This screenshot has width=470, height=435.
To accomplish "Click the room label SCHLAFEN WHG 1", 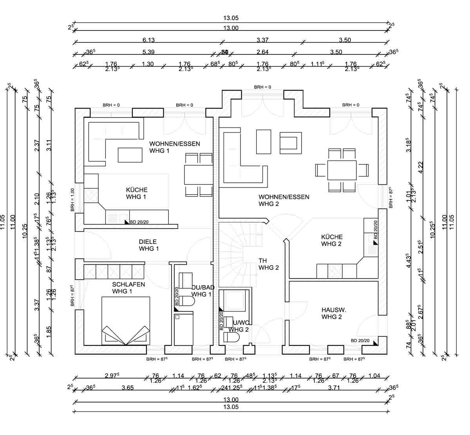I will coord(128,288).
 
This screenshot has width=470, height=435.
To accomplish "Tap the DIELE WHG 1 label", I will coord(149,245).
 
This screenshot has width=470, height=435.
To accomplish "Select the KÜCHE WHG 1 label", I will coord(137,193).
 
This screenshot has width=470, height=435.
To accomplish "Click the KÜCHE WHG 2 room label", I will coord(332,240).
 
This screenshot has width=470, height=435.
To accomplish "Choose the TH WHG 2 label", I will coord(269,264).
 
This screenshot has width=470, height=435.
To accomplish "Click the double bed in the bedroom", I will coord(126,320).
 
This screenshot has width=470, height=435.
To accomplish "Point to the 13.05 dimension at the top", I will coord(231,18).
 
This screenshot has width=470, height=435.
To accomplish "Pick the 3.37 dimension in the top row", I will coord(262,40).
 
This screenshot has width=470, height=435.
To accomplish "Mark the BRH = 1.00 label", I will coord(72,200).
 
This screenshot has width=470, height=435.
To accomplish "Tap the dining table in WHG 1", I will coord(199,174).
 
